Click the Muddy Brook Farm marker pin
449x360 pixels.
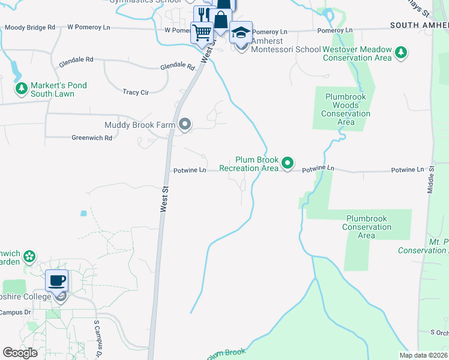(185, 125)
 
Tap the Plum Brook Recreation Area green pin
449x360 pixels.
(288, 162)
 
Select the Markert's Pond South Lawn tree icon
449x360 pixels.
(22, 89)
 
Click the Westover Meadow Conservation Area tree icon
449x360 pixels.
(401, 53)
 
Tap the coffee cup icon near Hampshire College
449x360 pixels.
(57, 280)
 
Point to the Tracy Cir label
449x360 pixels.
(136, 92)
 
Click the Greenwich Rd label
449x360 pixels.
(92, 138)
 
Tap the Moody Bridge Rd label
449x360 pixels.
(30, 28)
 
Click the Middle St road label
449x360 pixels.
(431, 179)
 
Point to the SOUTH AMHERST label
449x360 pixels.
(419, 25)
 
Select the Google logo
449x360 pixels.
(20, 353)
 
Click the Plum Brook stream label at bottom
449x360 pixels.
(228, 353)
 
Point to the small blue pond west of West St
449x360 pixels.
(83, 213)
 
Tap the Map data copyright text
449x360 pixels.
(423, 355)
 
